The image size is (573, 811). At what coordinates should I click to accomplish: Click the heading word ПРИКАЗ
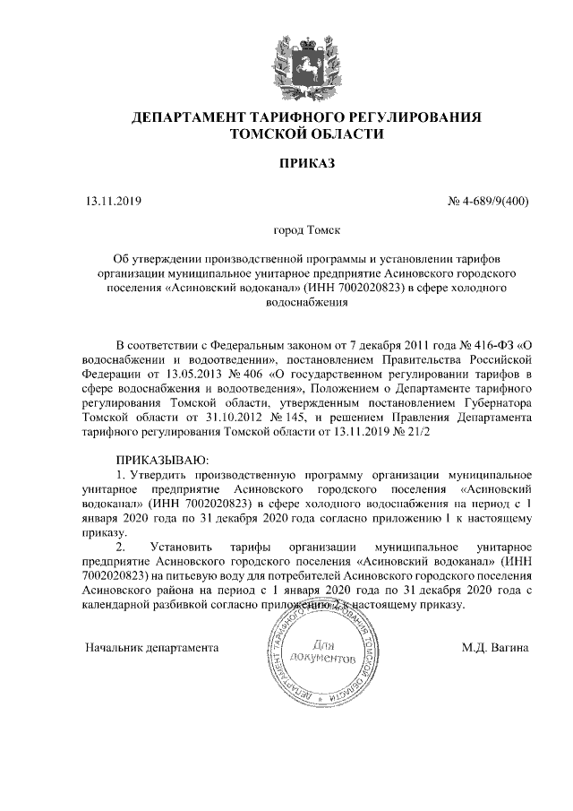click(306, 165)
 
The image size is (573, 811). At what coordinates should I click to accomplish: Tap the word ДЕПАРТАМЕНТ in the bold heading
click(193, 117)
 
